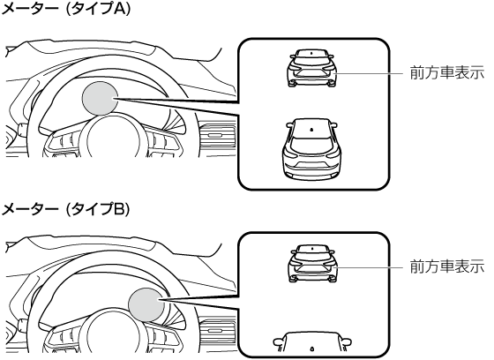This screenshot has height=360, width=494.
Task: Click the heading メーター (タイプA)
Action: (x=66, y=9)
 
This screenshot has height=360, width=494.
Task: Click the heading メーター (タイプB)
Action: (x=66, y=209)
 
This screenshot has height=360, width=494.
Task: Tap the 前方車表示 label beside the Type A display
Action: (x=447, y=73)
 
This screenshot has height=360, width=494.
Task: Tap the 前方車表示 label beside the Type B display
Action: (x=447, y=266)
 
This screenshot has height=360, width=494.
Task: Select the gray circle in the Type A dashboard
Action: (x=101, y=98)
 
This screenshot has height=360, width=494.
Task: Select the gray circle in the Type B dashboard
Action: (x=146, y=304)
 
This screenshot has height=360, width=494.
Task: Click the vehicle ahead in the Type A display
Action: (x=312, y=68)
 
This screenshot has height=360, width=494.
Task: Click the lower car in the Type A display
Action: (x=312, y=150)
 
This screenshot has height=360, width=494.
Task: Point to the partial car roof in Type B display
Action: (x=312, y=342)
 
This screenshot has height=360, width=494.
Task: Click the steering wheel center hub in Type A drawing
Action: (x=113, y=139)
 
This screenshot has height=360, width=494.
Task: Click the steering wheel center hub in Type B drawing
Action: (x=113, y=334)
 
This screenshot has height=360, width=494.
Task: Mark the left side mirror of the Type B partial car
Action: (x=278, y=341)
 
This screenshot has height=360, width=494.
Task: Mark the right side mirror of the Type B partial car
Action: (x=346, y=341)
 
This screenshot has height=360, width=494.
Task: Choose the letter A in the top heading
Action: (x=118, y=9)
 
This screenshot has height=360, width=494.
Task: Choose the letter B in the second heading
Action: (x=118, y=209)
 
